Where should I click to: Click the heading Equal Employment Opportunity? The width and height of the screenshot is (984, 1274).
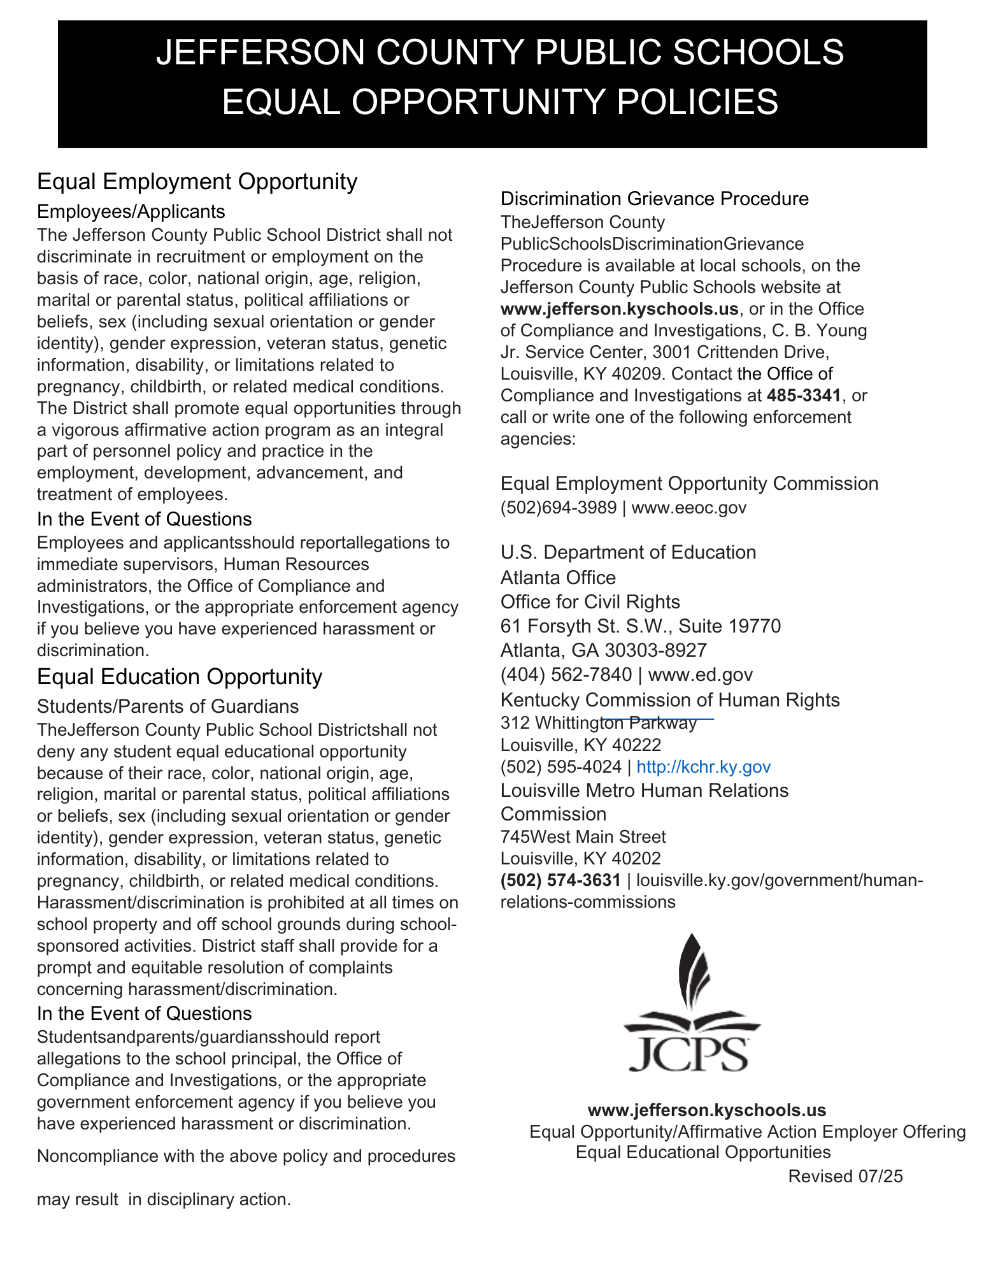point(197,182)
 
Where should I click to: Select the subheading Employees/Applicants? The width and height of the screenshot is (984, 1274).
point(131,211)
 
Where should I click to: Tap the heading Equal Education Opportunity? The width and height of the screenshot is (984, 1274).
point(180,676)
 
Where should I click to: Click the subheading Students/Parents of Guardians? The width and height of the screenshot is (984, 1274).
point(168,706)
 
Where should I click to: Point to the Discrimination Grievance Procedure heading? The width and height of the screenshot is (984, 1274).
point(654,199)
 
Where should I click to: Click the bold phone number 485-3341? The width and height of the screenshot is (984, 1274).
point(804,396)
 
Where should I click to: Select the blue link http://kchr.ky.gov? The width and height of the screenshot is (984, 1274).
point(703,766)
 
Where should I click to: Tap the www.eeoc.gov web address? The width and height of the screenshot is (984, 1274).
point(688,508)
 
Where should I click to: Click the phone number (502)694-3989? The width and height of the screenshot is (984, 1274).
point(558,508)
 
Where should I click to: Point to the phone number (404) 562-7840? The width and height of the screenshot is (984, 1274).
point(566,675)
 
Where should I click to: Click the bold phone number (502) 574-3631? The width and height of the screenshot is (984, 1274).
point(560,880)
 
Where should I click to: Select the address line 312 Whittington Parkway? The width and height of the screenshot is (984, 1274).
point(599,723)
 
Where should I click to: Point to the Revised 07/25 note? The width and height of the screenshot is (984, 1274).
point(845,1177)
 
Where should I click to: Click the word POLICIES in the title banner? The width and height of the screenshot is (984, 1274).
point(697,102)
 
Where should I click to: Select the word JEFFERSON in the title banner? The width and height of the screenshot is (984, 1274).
point(260,52)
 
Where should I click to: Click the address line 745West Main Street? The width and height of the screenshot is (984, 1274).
point(583,837)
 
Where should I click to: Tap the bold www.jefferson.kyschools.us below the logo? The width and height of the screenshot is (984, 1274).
point(706,1110)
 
